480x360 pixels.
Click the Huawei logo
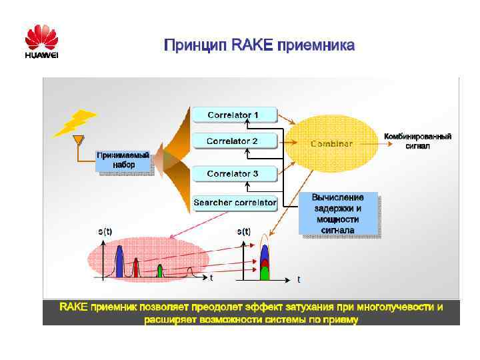(x=41, y=41)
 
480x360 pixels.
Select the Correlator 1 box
(x=233, y=115)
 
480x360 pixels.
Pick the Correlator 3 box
(x=233, y=174)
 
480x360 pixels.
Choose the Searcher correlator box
(x=235, y=202)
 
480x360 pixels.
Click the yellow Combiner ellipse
(x=331, y=143)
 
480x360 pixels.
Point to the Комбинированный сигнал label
(x=417, y=141)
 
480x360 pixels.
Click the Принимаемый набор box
(x=123, y=160)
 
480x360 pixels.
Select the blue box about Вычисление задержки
(x=339, y=213)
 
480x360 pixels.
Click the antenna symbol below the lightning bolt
(x=78, y=141)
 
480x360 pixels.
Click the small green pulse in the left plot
(x=160, y=270)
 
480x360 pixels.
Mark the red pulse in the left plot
(x=135, y=267)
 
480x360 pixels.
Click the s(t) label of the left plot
(x=105, y=232)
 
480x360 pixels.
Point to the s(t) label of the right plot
(x=244, y=232)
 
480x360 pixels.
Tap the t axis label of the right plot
(x=299, y=279)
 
